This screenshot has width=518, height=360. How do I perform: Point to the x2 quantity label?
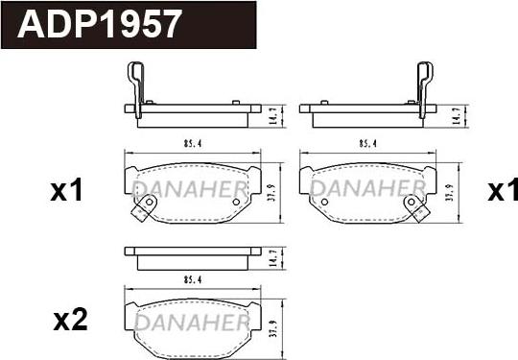point(69,321)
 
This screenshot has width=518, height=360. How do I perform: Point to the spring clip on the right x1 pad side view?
point(422,84)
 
